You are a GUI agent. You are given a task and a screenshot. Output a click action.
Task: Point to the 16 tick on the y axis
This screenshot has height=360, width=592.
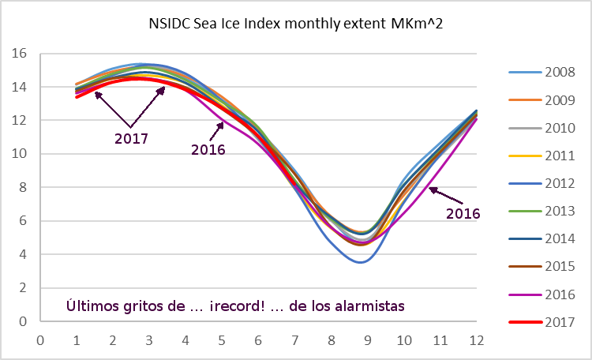pyautogui.click(x=20, y=54)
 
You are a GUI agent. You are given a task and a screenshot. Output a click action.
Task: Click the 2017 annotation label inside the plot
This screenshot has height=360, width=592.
pyautogui.click(x=131, y=138)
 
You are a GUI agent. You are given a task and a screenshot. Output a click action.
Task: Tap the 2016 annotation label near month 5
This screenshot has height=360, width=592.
pyautogui.click(x=208, y=150)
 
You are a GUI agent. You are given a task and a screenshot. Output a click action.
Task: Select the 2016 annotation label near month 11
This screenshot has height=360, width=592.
pyautogui.click(x=463, y=213)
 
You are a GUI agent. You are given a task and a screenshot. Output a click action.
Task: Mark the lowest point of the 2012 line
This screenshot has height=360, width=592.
pyautogui.click(x=361, y=261)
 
